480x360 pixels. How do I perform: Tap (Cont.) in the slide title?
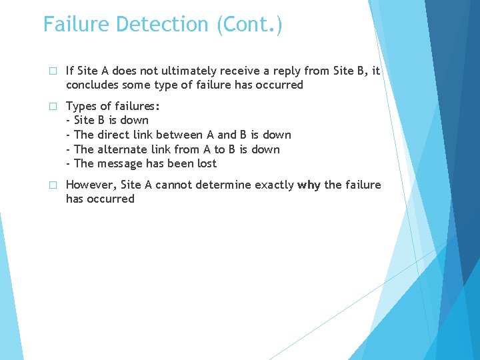pyautogui.click(x=248, y=25)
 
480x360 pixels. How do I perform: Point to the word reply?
pyautogui.click(x=320, y=71)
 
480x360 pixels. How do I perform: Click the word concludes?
pyautogui.click(x=93, y=85)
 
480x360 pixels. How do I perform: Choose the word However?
pyautogui.click(x=91, y=185)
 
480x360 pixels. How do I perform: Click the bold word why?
pyautogui.click(x=309, y=185)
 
